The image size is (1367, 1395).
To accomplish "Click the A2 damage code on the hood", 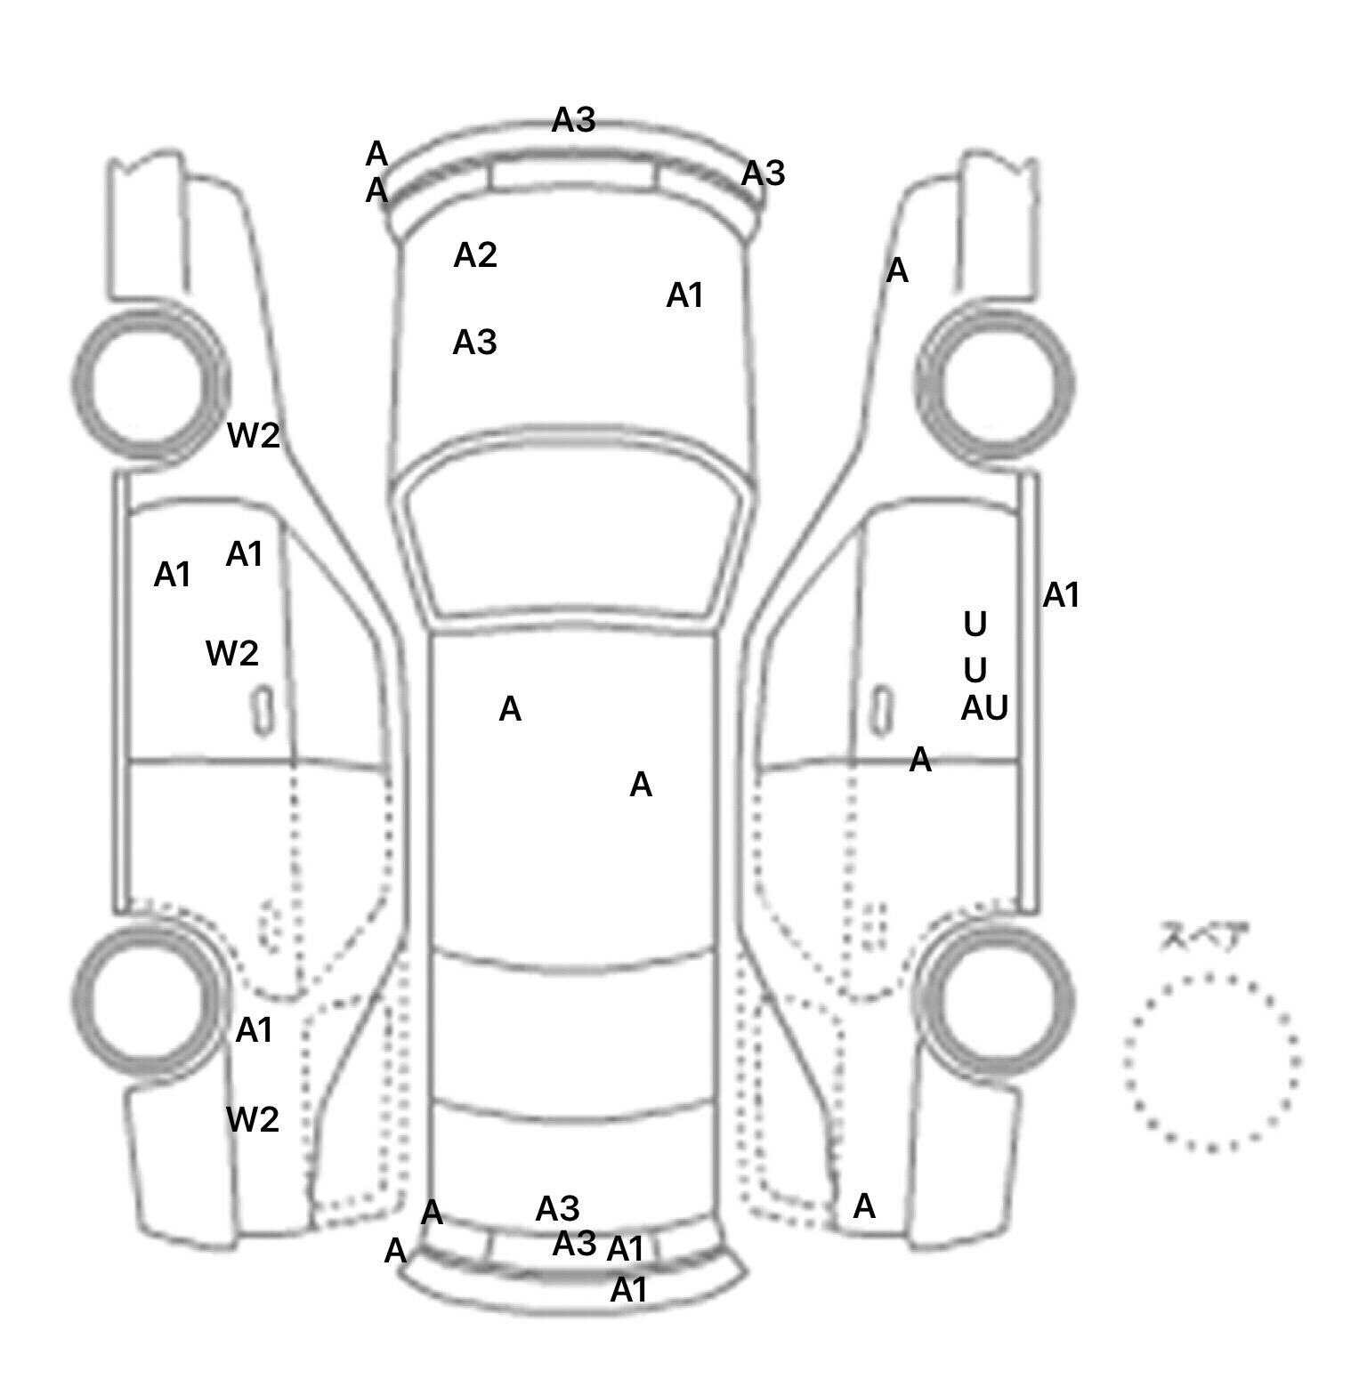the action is pos(475,256).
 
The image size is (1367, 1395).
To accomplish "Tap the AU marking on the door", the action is pos(984,709).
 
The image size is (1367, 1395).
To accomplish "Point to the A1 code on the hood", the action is pos(685,295).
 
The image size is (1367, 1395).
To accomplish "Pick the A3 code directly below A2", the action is pos(475,343).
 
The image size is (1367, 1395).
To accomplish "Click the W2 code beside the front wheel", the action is pos(254,436).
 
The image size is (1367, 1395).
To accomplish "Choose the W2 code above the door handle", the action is pos(232,654).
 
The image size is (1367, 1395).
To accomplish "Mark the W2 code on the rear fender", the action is pos(253,1120).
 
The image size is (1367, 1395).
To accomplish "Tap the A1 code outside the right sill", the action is pos(1061,595).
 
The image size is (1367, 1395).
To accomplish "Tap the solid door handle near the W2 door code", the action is pos(262,710).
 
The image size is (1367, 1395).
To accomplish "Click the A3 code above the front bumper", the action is pos(573,120).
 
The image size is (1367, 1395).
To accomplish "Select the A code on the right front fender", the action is pos(897,270).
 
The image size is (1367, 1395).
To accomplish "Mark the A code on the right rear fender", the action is pos(864,1207).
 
